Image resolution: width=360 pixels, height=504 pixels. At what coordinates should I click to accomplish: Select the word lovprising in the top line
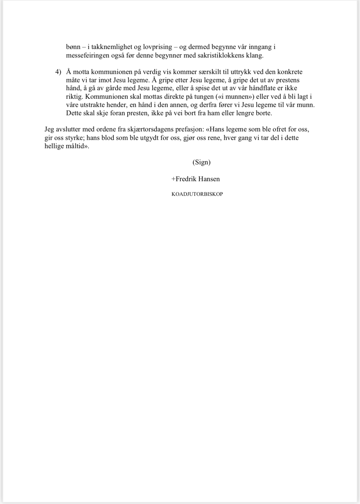pos(158,47)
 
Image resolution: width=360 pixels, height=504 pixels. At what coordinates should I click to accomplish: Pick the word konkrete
pos(290,72)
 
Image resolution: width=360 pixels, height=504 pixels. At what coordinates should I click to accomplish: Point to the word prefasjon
pos(190,129)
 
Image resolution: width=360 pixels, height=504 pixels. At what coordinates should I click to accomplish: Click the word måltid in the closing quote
pos(74,146)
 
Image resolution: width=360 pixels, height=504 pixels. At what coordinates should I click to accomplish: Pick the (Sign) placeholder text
pos(202,162)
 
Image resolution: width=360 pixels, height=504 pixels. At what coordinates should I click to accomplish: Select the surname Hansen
pos(209,179)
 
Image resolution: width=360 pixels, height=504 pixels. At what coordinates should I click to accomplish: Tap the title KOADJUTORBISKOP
pos(197,194)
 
